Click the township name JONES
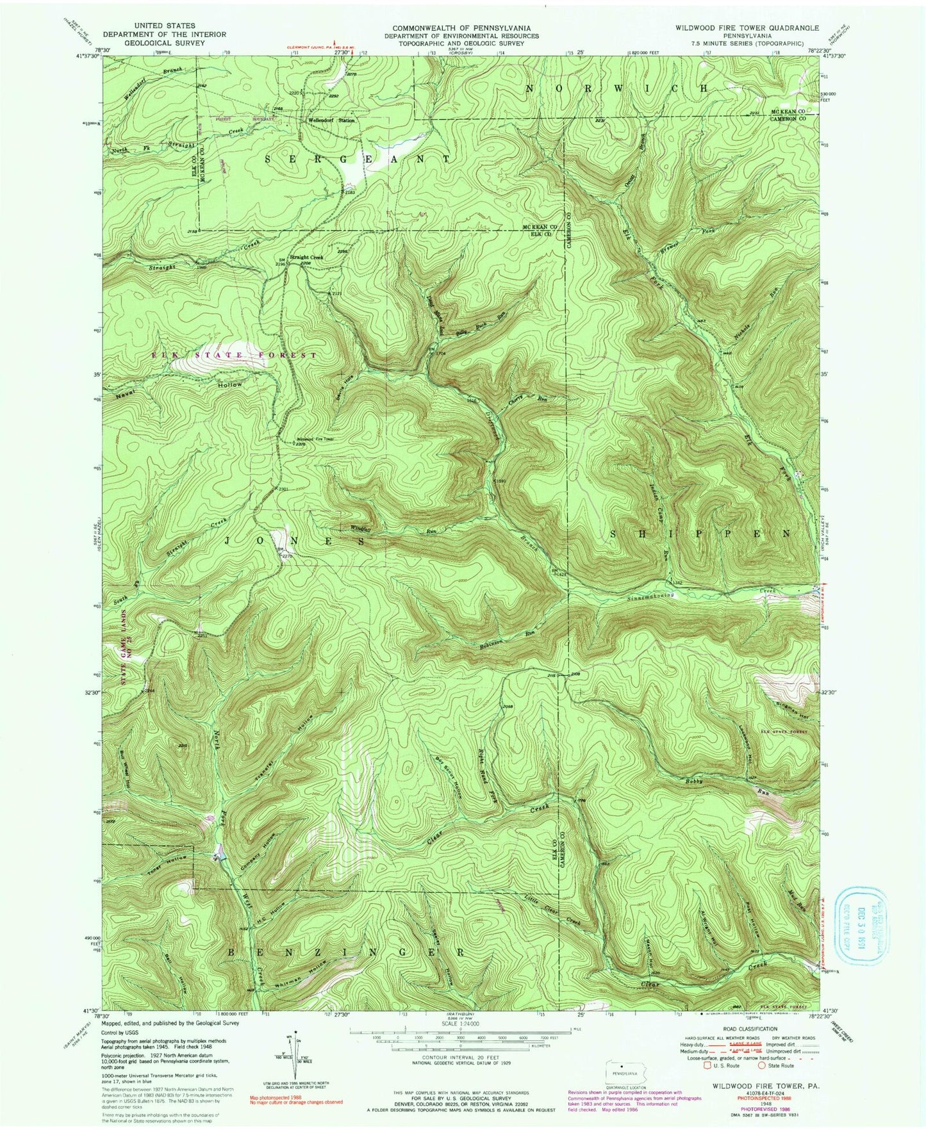click(294, 541)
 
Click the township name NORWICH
click(618, 88)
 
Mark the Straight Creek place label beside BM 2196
click(306, 257)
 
